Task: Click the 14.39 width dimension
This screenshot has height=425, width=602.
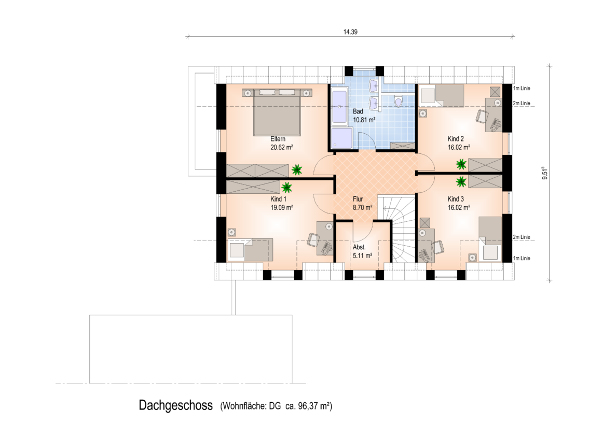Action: point(350,32)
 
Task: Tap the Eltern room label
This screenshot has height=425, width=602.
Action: point(278,139)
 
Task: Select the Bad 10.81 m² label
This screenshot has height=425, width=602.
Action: point(364,116)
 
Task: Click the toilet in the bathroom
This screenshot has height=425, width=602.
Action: point(398,102)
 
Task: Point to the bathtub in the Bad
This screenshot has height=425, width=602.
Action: point(339,107)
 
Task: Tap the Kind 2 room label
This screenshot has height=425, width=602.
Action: point(455,139)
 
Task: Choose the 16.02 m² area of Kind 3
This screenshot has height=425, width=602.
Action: point(459,207)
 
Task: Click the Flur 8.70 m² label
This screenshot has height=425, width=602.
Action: point(362,203)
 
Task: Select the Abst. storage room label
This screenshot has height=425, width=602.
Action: point(359,247)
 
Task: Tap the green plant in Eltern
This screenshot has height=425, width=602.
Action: point(296,169)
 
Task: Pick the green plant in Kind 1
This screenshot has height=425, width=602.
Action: point(286,188)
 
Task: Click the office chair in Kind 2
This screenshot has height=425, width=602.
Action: point(482,116)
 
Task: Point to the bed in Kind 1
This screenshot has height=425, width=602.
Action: point(250,249)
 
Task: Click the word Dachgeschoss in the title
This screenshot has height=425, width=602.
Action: point(176,405)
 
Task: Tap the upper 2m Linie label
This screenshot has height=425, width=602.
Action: point(522,103)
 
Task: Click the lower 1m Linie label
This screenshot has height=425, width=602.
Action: point(522,258)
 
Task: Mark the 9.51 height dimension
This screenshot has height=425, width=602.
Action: point(544,173)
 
